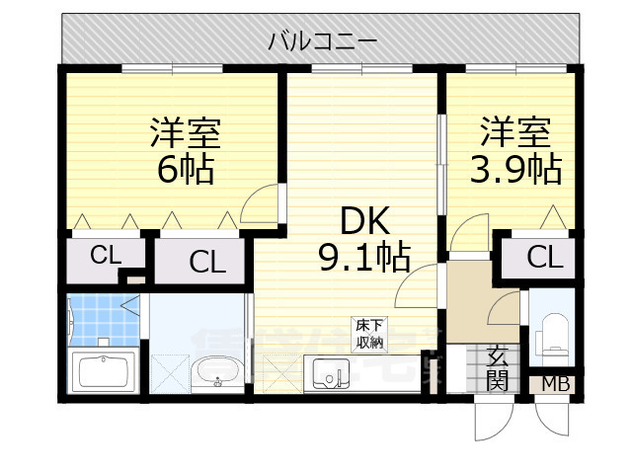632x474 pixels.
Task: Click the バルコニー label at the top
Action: tap(322, 42)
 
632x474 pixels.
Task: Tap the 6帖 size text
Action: tap(185, 169)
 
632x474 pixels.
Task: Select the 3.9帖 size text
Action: tap(514, 169)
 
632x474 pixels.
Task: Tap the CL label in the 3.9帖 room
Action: tap(544, 258)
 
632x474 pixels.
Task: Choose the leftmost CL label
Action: tap(105, 255)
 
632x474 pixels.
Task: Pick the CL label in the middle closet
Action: tap(206, 263)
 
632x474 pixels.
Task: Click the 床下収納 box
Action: tap(370, 334)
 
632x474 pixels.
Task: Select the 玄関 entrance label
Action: tap(499, 368)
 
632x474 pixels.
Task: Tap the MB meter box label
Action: tap(555, 384)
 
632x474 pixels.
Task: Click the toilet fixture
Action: tap(553, 336)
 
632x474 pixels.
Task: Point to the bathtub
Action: tap(103, 372)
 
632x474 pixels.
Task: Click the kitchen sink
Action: tap(330, 374)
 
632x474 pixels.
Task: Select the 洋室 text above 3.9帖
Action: tap(515, 132)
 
